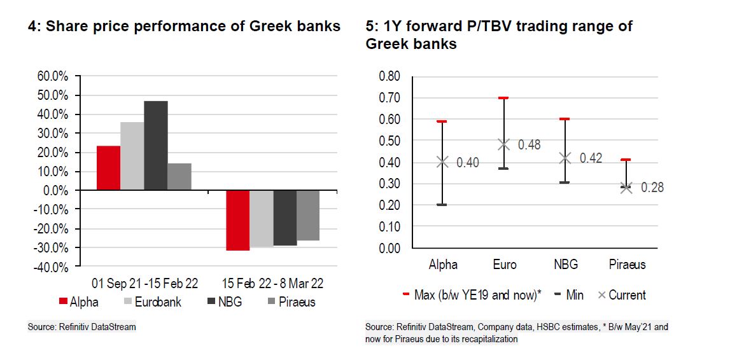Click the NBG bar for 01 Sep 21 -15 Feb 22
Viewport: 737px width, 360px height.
(156, 146)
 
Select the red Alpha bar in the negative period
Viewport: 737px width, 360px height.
(237, 220)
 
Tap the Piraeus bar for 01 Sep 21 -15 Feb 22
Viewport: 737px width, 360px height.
(179, 177)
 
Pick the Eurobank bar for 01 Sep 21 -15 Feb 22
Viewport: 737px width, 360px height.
(132, 156)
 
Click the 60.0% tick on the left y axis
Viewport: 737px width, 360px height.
(53, 76)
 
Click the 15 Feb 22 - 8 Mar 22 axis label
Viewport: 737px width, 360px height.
(272, 284)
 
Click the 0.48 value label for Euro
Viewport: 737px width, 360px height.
(529, 144)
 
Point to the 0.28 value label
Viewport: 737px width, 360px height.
(652, 188)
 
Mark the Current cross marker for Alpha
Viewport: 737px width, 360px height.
(442, 162)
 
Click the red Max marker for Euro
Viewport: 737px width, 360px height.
(503, 98)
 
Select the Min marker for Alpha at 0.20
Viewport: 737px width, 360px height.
(442, 205)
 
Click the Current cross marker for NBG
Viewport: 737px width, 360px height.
(565, 158)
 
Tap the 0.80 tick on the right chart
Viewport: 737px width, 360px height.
(390, 76)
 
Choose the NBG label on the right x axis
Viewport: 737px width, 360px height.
(565, 265)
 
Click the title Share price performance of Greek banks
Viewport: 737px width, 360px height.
(185, 26)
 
